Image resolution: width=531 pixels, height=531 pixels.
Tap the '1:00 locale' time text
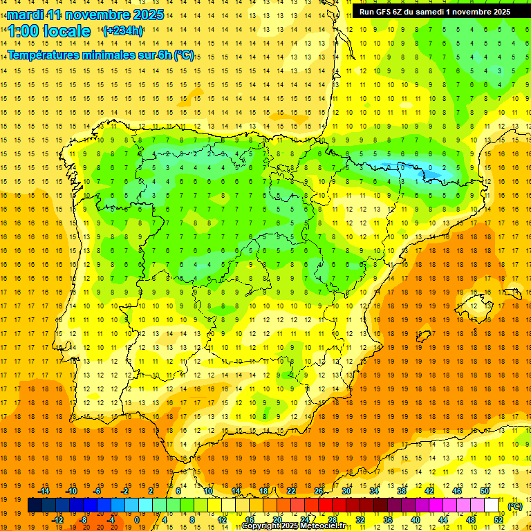coord(49,31)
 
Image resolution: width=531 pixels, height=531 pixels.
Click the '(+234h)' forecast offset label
coord(123,30)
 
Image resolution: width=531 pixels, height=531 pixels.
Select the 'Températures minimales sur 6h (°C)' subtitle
coord(100,55)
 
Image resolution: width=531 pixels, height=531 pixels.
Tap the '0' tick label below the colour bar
coord(137,520)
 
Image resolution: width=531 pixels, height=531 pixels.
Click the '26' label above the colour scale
coord(319,491)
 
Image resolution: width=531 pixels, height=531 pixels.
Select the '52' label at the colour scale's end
coord(498,520)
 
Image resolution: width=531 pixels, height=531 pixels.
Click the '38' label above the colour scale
coord(401,491)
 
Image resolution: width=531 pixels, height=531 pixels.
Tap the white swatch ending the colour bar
coord(491,505)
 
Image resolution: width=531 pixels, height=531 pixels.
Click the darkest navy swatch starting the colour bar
coord(35,505)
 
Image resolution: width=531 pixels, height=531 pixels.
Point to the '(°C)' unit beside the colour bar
coord(515,506)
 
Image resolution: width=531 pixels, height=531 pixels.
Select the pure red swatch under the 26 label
coord(325,505)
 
